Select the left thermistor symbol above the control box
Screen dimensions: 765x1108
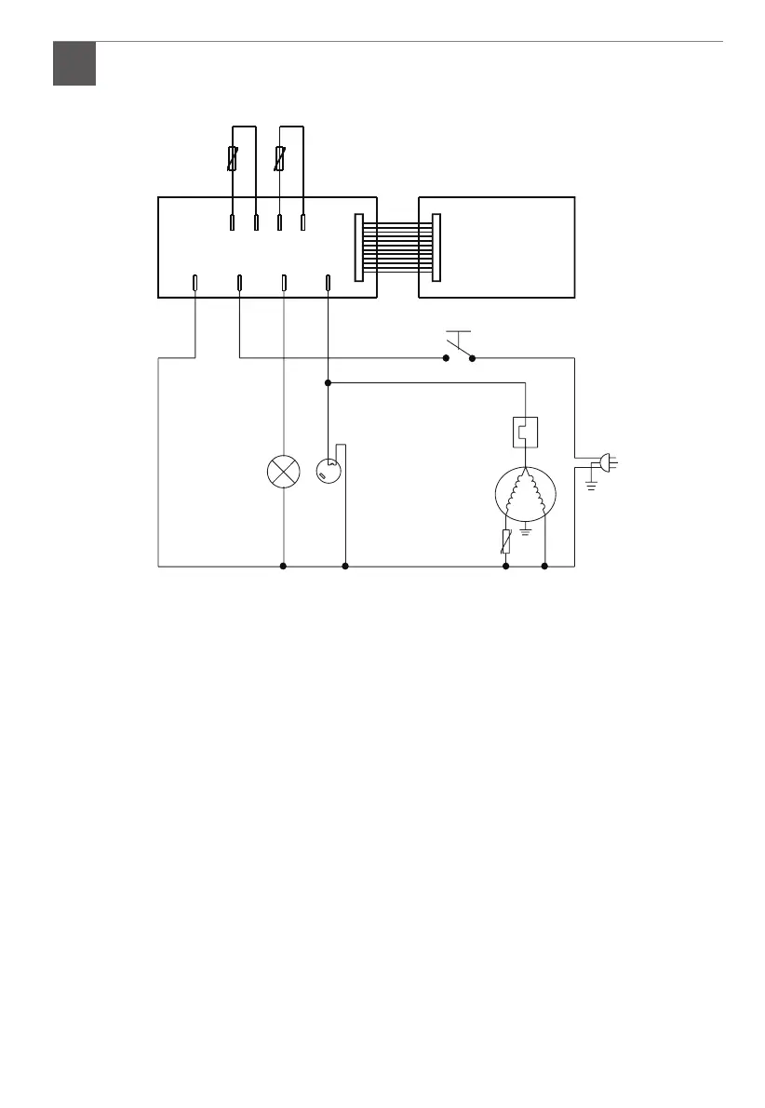click(x=234, y=159)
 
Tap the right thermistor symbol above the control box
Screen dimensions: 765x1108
click(x=280, y=159)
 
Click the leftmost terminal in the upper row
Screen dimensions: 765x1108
click(x=232, y=222)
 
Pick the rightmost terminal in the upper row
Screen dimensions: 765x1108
click(x=303, y=222)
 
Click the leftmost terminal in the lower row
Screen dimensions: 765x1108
click(x=195, y=282)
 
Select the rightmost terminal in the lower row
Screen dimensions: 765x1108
click(x=328, y=282)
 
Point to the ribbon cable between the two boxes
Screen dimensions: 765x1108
click(x=397, y=247)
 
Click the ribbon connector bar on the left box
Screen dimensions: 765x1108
click(x=359, y=247)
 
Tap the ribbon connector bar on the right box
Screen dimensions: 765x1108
click(x=436, y=247)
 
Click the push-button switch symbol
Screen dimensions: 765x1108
click(x=458, y=345)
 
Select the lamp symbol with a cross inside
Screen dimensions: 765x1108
click(x=283, y=473)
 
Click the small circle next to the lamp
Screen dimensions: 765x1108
click(x=327, y=472)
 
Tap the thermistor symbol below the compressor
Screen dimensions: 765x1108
click(x=506, y=541)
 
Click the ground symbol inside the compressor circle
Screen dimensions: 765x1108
click(x=526, y=529)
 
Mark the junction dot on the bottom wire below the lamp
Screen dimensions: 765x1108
click(x=283, y=566)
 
